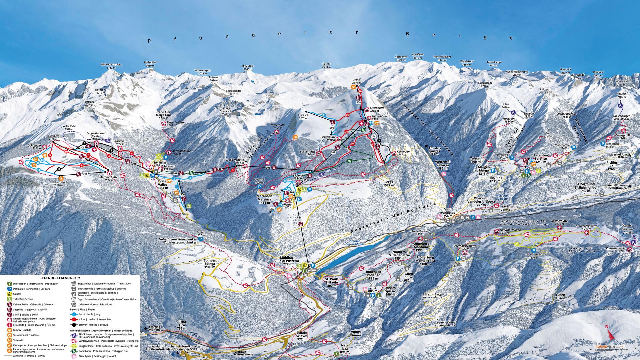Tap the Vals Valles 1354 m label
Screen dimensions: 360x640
(163, 186)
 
